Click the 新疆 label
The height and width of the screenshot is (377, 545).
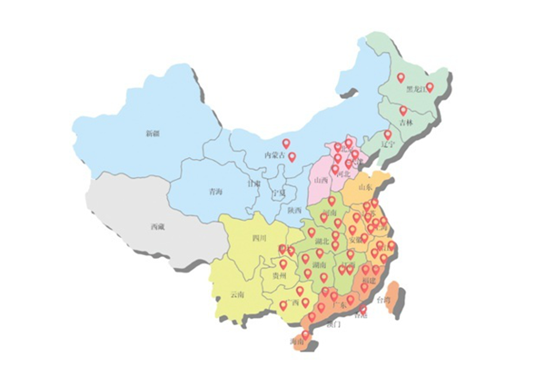(152, 134)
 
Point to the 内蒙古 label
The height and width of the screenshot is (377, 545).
(273, 156)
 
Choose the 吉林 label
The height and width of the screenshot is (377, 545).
(405, 122)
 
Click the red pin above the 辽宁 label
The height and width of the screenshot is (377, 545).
(388, 134)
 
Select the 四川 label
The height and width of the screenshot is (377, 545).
(259, 239)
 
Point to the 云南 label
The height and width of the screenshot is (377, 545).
(237, 294)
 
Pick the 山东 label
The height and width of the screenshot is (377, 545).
(365, 187)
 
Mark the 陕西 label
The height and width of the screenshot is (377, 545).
(294, 210)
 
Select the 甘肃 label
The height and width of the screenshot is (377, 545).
(254, 183)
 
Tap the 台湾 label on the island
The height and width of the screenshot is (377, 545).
(388, 299)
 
